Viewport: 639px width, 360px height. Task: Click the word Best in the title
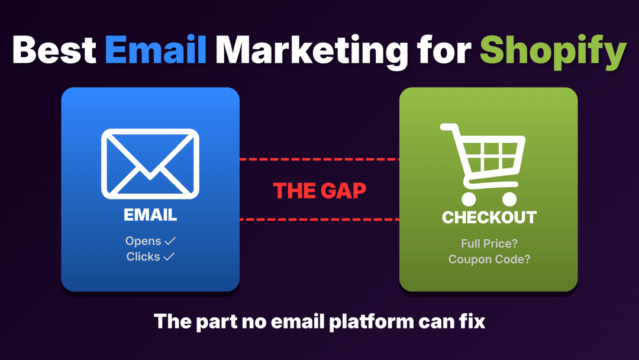53,50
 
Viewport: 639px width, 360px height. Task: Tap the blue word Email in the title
156,50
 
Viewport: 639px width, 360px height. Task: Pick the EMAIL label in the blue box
150,215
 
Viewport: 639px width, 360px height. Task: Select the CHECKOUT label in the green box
489,217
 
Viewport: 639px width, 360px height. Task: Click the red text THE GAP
319,190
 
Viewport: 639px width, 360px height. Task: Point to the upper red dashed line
319,159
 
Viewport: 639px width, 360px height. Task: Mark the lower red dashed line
319,220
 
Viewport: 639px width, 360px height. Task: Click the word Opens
143,241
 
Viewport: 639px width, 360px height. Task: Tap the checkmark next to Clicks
169,256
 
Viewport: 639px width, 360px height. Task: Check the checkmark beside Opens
170,241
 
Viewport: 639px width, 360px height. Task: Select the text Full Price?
489,243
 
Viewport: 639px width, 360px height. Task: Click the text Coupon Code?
489,259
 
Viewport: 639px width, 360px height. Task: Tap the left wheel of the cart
469,198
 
